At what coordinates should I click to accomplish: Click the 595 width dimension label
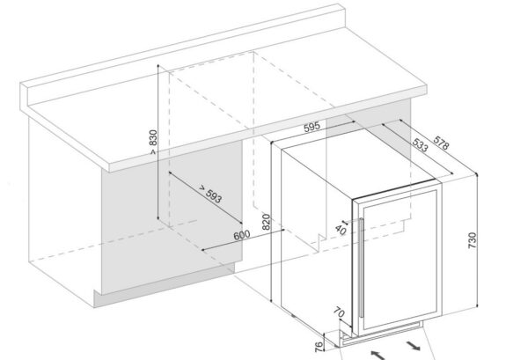[312, 128]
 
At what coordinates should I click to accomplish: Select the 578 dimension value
[441, 143]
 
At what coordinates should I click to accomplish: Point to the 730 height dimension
[472, 240]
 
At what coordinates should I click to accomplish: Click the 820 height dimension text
[266, 222]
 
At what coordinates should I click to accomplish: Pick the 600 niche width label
[242, 235]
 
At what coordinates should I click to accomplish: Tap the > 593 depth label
[209, 194]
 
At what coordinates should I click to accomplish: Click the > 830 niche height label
[153, 142]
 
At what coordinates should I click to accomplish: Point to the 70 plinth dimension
[339, 312]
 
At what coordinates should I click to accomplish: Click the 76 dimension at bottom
[319, 347]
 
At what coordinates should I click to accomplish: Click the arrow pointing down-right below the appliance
[414, 346]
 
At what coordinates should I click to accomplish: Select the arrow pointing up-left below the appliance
[378, 355]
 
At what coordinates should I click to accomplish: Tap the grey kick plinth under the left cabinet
[165, 285]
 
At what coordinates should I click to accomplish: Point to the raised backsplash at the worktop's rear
[184, 53]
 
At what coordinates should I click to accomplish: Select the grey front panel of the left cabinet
[172, 217]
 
